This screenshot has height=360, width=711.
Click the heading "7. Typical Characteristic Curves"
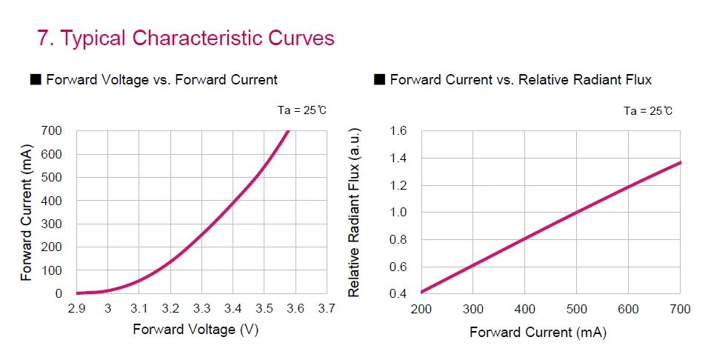186,39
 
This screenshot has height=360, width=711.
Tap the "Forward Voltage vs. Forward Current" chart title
161,79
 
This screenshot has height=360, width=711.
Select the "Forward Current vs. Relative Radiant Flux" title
521,79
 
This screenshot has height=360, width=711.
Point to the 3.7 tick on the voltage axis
327,308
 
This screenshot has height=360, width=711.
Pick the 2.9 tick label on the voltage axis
76,308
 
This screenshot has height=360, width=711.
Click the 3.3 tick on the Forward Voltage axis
201,308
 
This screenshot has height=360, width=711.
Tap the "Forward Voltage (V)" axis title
196,330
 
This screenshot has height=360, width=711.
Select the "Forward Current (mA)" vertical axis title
27,213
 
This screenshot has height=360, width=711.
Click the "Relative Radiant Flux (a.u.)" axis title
354,213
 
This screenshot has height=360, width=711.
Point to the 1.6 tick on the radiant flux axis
398,131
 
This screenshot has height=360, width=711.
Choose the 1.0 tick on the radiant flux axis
398,213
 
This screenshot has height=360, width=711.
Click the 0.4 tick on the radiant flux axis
398,294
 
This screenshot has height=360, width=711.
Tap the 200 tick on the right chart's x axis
421,309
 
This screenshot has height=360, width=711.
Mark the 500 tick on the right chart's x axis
576,309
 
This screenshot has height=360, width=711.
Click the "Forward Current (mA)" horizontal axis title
538,333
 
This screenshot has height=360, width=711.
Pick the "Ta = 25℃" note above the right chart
648,111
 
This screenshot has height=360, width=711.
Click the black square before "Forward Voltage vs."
35,79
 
